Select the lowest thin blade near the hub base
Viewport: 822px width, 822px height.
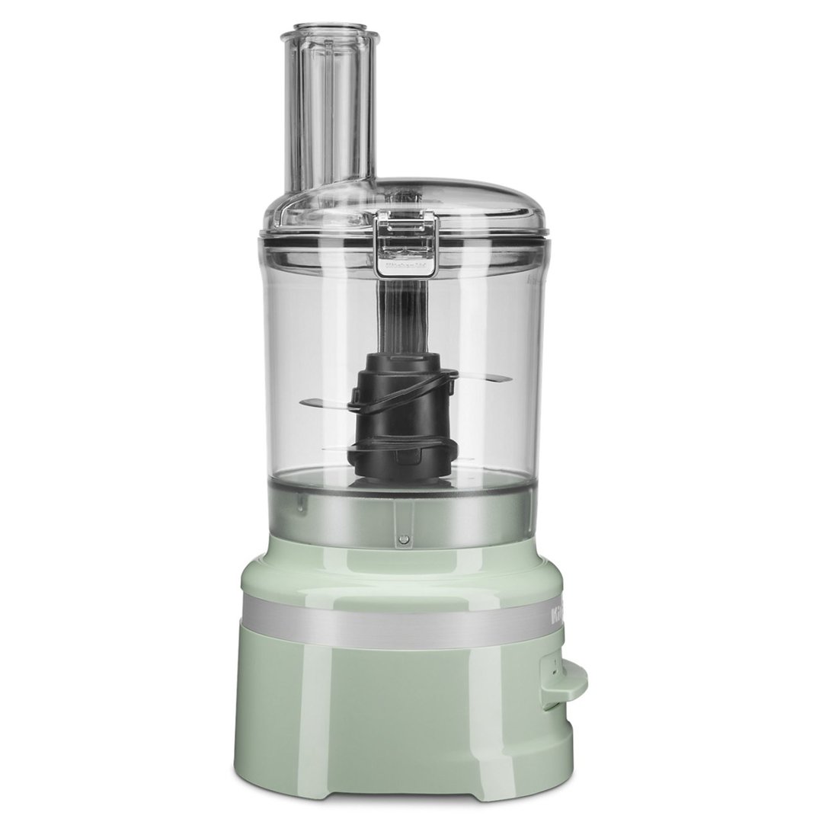(x=335, y=450)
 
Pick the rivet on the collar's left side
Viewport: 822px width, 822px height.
(x=301, y=502)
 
